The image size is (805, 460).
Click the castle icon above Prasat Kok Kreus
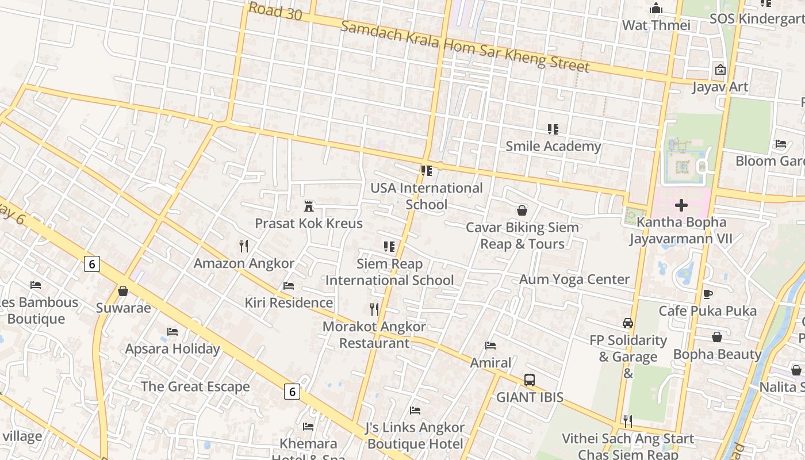[x=309, y=206]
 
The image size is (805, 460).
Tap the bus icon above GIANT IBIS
[x=529, y=380]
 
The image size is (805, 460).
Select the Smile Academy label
[x=553, y=146]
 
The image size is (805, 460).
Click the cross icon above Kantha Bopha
[x=681, y=205]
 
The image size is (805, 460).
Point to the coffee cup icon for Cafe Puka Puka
[x=707, y=294]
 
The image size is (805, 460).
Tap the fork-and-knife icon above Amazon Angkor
[x=244, y=246]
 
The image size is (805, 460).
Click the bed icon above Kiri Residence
[x=289, y=285]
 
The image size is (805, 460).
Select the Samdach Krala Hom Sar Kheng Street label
[x=465, y=46]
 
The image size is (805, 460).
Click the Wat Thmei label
[x=655, y=25]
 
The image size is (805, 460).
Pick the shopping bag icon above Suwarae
[x=122, y=291]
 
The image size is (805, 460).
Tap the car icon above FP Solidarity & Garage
[x=627, y=323]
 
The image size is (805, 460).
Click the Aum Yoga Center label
[x=574, y=279]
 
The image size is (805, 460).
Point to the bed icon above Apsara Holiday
[x=172, y=332]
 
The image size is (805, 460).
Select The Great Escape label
[x=195, y=386]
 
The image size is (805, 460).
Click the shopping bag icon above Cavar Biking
[x=522, y=210]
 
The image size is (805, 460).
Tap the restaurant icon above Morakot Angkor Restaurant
[x=374, y=309]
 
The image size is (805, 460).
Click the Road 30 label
[x=275, y=11]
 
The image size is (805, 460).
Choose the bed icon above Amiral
[x=490, y=346]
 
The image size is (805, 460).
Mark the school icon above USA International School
[x=426, y=171]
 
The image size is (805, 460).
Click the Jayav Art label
[x=719, y=87]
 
